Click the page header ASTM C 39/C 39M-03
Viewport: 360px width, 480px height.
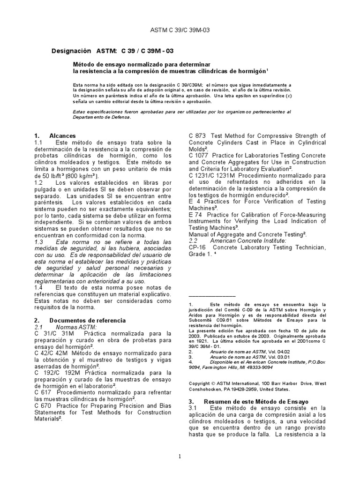(180, 30)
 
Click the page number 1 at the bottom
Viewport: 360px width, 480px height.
(180, 457)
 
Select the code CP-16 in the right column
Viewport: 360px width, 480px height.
(197, 247)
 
